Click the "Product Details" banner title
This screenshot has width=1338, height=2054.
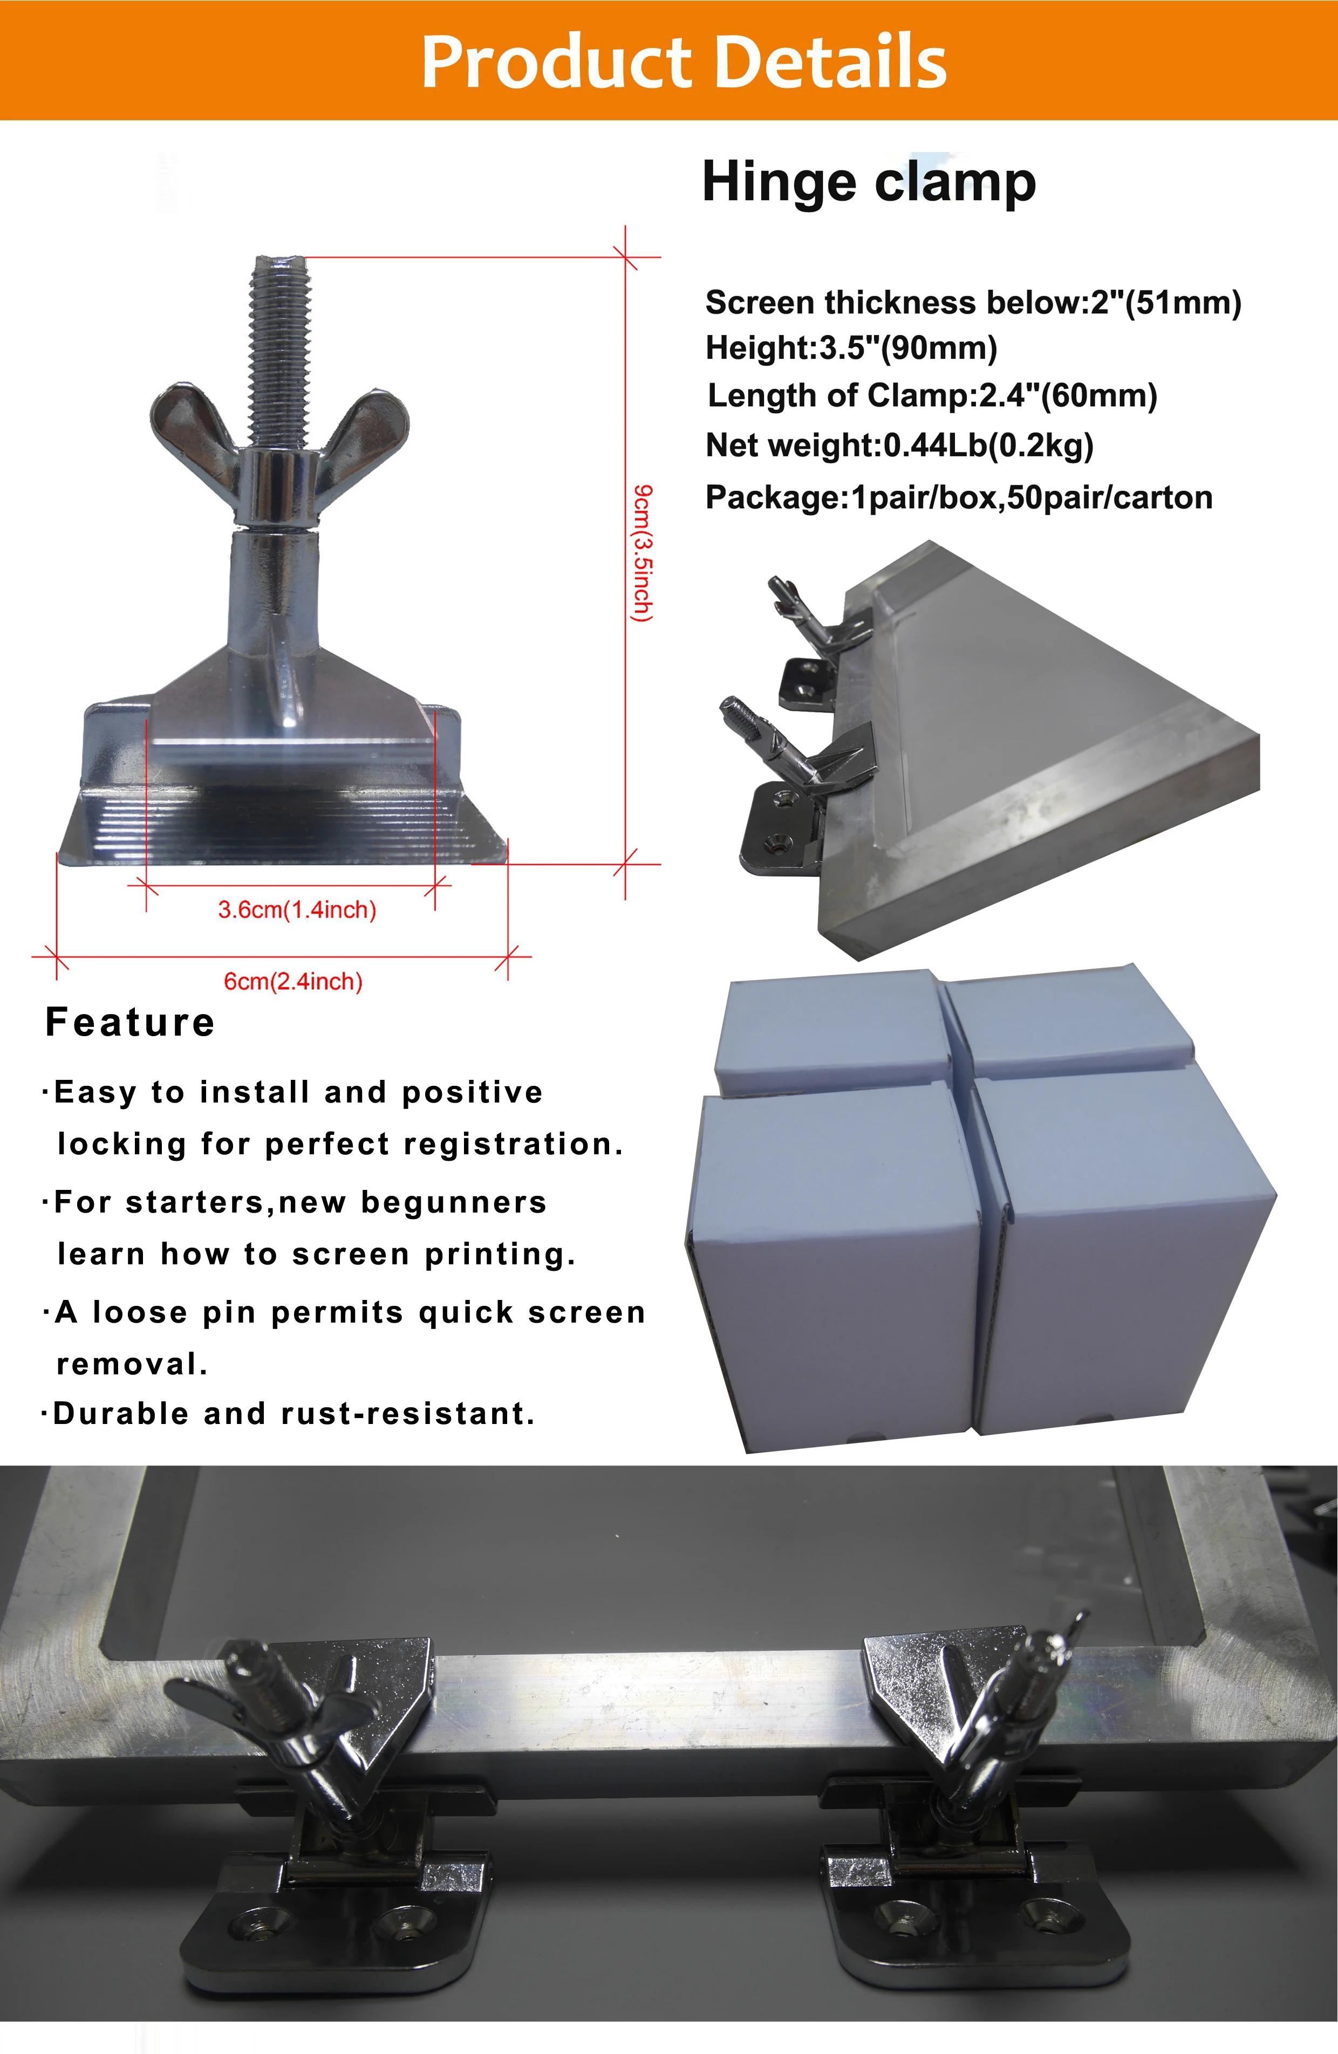click(684, 62)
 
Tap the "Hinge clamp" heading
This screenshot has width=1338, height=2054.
click(869, 182)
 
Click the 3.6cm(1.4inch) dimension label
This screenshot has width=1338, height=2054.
click(297, 909)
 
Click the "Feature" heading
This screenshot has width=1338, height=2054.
click(129, 1022)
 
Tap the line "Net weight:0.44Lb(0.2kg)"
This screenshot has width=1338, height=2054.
click(899, 446)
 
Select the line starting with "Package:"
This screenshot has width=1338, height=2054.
click(958, 497)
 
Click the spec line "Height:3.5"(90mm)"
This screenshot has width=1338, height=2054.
click(851, 348)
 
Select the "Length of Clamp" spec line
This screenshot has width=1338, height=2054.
click(932, 395)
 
